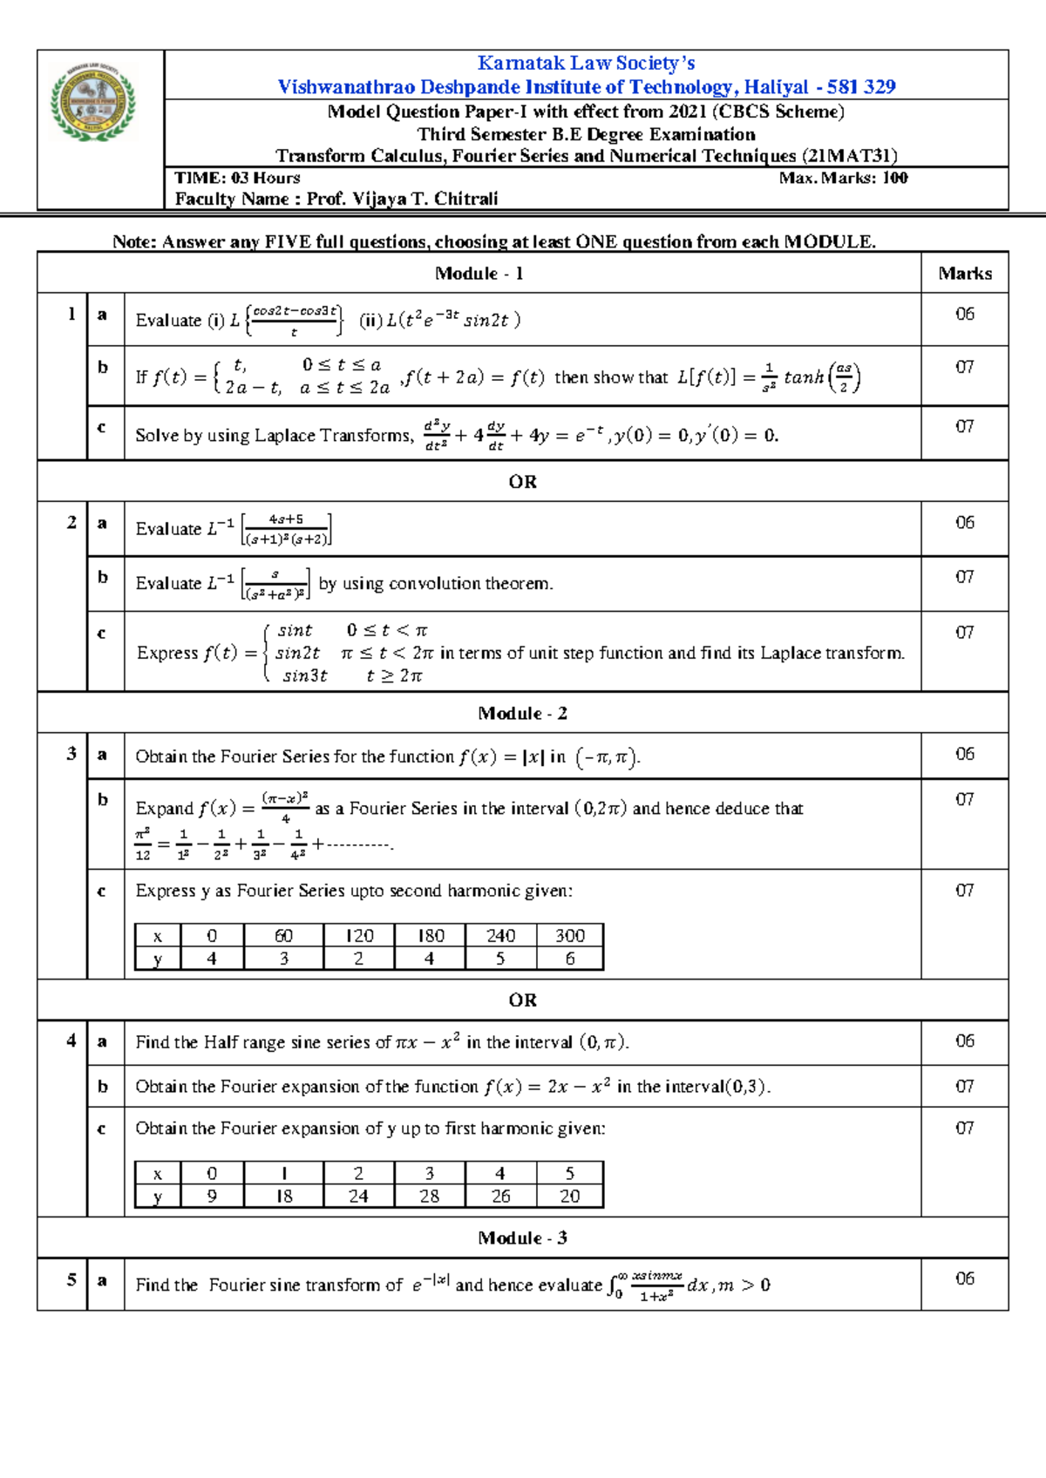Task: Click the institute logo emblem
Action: [x=93, y=102]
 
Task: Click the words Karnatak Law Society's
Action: [x=586, y=63]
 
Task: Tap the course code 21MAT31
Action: [x=849, y=156]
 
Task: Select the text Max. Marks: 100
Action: [x=843, y=178]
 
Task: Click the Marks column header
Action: [x=965, y=274]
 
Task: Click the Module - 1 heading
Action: [x=479, y=274]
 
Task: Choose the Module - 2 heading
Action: [x=522, y=714]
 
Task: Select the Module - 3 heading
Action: [x=522, y=1238]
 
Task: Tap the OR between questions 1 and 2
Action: [x=522, y=482]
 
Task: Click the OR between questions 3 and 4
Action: [x=522, y=1000]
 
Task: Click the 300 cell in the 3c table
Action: [x=570, y=936]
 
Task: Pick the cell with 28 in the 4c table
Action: [x=430, y=1197]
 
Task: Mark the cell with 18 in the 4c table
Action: [x=284, y=1197]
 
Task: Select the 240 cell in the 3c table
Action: [x=500, y=936]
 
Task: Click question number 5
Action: [x=71, y=1280]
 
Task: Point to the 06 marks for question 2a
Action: [x=964, y=523]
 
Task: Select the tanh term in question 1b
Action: [x=804, y=377]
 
